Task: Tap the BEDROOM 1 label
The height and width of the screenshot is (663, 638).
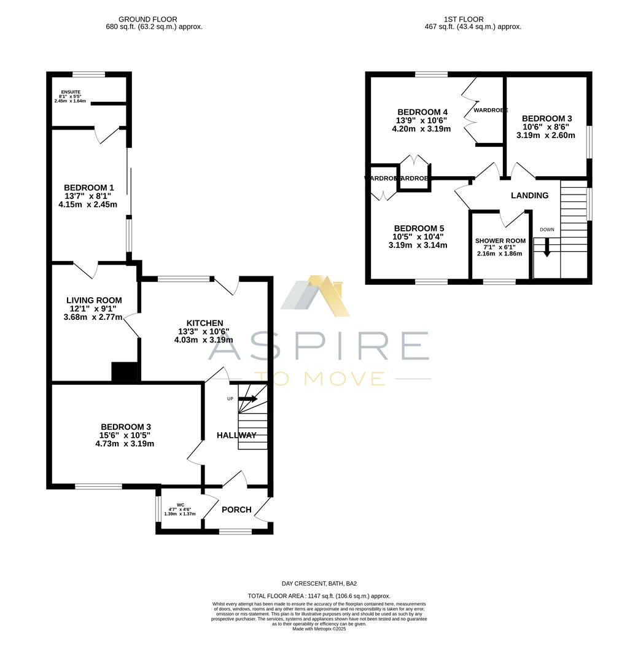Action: tap(88, 188)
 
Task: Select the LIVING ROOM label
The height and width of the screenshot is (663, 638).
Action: tap(94, 300)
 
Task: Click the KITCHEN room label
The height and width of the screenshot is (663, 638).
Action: tap(204, 323)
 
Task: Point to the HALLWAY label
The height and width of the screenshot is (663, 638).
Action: tap(236, 435)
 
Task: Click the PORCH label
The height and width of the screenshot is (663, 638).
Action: tap(236, 510)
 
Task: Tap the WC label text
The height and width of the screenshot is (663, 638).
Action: tap(180, 505)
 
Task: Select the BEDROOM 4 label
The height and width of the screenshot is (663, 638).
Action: tap(422, 112)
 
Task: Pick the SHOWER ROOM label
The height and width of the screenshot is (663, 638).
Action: tap(500, 241)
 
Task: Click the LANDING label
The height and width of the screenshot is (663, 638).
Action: tap(529, 195)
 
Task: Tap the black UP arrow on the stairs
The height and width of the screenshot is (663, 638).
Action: tap(247, 398)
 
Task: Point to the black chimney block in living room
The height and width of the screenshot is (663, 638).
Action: tap(123, 372)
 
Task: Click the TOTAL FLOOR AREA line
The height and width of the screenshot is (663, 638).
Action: tap(319, 596)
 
